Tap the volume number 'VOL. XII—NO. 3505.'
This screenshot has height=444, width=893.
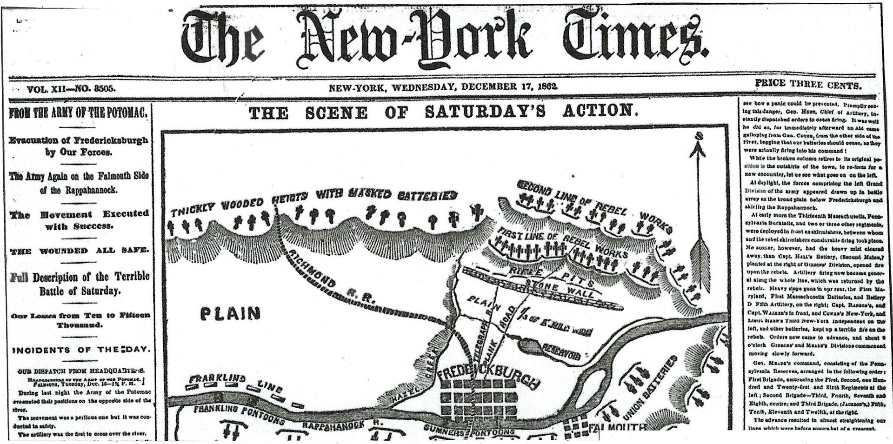coord(71,89)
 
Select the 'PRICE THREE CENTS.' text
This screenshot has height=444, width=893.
coord(808,85)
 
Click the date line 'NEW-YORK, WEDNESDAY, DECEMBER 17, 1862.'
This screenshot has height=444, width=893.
coord(443,87)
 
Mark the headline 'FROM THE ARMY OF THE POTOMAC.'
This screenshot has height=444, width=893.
coord(78,113)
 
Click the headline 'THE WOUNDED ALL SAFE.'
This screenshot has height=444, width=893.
coord(79,251)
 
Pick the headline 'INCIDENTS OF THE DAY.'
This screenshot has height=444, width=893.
coord(80,350)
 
